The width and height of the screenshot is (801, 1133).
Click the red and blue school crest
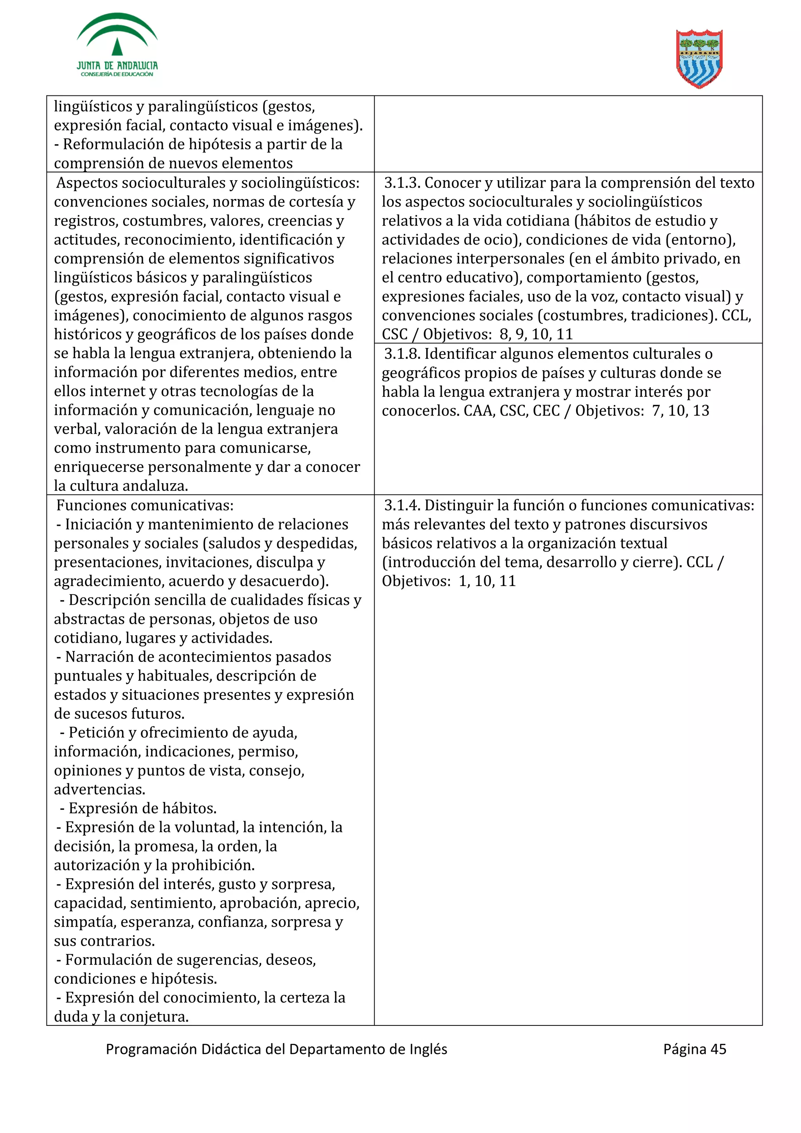[x=699, y=59]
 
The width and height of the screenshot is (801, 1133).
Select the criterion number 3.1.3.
[x=402, y=183]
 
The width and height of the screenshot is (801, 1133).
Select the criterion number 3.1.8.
[x=402, y=354]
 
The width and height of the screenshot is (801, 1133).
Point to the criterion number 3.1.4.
[x=402, y=505]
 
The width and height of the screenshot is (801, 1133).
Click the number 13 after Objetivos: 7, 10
[x=700, y=411]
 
